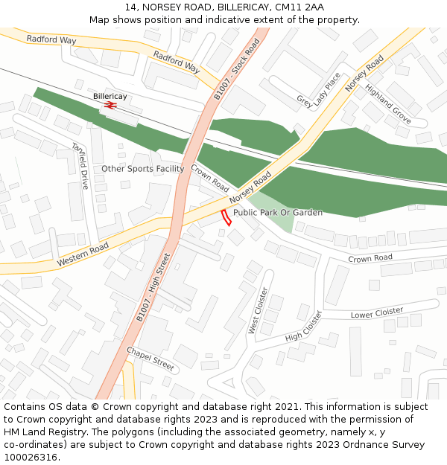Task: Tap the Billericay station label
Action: [110, 97]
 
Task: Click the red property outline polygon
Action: [226, 217]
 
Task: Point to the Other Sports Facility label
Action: [143, 169]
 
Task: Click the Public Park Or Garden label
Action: [278, 213]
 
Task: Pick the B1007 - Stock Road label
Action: [237, 69]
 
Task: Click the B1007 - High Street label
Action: [153, 287]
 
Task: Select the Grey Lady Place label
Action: [318, 90]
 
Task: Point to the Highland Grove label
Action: [387, 103]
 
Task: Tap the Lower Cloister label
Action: [377, 312]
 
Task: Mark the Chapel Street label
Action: [150, 359]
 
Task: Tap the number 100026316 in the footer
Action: [31, 457]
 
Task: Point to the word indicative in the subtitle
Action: [221, 19]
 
